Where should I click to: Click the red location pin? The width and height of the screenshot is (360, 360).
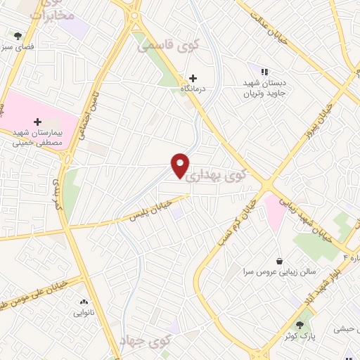click(181, 165)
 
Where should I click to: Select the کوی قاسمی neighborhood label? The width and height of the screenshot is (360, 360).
click(168, 46)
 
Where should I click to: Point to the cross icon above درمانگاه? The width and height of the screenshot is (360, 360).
click(193, 77)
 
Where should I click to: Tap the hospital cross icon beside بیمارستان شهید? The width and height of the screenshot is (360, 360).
click(37, 122)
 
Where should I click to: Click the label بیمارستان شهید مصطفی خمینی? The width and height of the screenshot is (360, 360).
click(39, 137)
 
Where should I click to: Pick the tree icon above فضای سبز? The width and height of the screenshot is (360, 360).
click(18, 35)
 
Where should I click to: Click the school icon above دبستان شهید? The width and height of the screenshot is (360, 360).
click(264, 72)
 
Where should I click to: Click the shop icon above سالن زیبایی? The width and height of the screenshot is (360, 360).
click(279, 259)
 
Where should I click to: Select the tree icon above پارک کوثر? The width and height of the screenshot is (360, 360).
click(301, 325)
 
